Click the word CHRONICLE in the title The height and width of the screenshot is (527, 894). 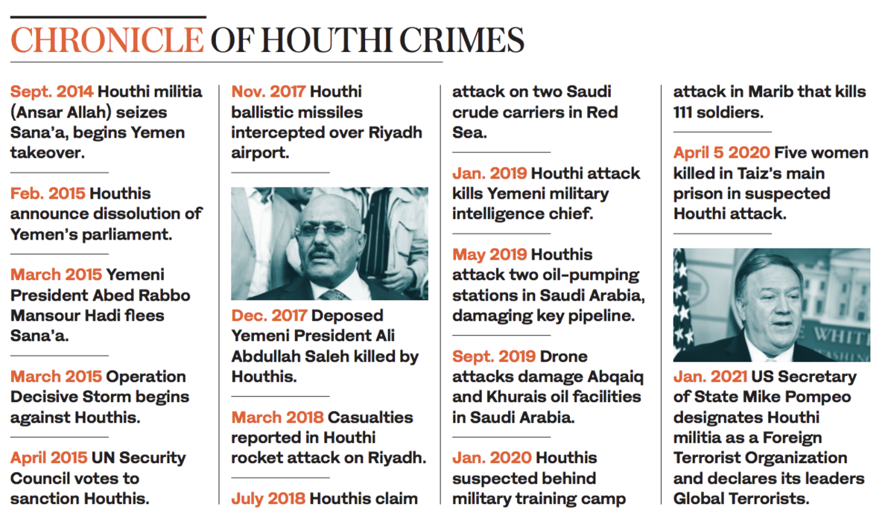pos(107,40)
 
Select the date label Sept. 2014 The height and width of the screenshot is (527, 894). pos(52,92)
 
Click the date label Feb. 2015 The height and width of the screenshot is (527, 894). pos(48,194)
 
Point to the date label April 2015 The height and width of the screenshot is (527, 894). pos(48,458)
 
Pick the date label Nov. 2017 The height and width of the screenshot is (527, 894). pos(268,92)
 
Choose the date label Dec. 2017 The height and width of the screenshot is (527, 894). pos(270,316)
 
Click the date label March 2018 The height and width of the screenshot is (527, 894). pos(277,417)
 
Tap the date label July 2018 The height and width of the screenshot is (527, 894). pos(268,498)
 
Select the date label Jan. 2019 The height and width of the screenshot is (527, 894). pos(489,173)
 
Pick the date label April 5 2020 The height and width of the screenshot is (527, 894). pos(722,153)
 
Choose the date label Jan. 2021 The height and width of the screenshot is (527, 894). pos(711,377)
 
